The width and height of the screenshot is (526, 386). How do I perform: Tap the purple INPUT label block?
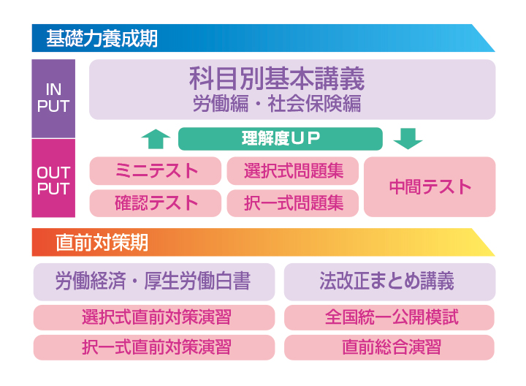pos(53,99)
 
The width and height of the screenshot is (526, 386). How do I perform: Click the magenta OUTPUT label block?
pos(53,179)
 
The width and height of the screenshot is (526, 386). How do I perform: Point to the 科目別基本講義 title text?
pos(277,78)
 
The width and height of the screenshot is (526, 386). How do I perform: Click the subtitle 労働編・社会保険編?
pos(277,104)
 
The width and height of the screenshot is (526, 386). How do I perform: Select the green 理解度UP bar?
pos(281,138)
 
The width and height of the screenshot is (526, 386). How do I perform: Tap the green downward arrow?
pos(408,137)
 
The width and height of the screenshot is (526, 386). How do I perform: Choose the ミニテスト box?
pos(156,171)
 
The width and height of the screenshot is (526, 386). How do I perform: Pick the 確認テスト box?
pos(156,203)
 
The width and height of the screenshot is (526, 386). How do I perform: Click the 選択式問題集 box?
pos(292,171)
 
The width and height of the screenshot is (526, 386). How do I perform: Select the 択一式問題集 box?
pos(292,203)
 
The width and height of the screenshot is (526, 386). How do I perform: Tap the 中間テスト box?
pos(430,186)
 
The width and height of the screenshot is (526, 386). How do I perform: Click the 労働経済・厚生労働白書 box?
pos(154,281)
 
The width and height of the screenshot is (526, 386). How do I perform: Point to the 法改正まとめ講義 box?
pos(389,281)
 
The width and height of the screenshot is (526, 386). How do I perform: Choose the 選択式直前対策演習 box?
pos(154,318)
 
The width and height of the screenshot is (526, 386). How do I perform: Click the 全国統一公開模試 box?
pos(389,318)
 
